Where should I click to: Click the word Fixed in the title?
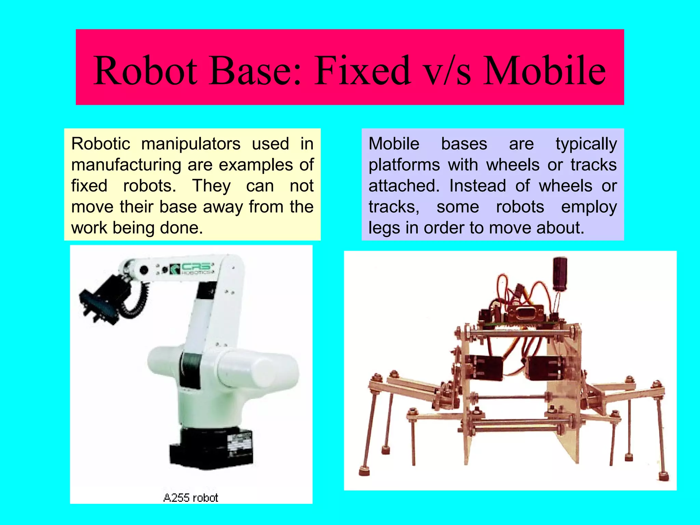click(x=363, y=71)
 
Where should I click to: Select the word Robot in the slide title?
click(x=145, y=71)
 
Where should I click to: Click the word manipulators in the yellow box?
click(x=191, y=144)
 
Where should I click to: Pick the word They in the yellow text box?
click(x=212, y=186)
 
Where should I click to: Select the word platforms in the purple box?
click(x=404, y=165)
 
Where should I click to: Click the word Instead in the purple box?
click(x=477, y=186)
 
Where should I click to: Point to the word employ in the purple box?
click(x=589, y=207)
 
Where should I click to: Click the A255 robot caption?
click(x=191, y=498)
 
